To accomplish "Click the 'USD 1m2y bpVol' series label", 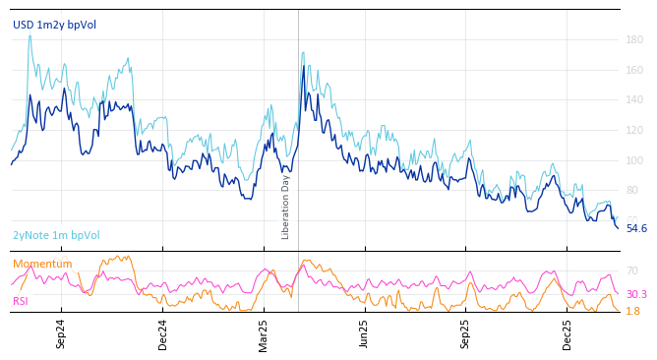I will (x=55, y=25).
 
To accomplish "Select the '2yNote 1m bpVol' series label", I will (x=56, y=235).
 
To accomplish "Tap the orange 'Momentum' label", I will (x=42, y=264).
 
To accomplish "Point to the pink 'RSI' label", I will (x=21, y=301).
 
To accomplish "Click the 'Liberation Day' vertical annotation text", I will (x=286, y=207).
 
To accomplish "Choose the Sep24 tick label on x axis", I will (x=61, y=333).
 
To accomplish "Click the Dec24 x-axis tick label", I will (x=163, y=333).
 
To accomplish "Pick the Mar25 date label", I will (x=264, y=333).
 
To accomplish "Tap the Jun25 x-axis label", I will (x=364, y=333).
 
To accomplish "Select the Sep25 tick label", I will (x=465, y=333).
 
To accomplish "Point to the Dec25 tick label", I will (x=567, y=333).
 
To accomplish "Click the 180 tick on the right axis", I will (x=634, y=40).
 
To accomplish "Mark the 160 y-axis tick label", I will (x=634, y=71).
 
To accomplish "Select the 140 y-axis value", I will (x=634, y=100).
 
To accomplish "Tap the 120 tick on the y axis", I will (x=634, y=131).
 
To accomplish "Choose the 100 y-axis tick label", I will (x=634, y=160).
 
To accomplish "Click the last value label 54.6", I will (x=636, y=228).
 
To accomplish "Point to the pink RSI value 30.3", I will (x=636, y=294).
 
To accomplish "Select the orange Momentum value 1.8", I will (x=632, y=311).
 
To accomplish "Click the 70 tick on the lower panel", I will (x=631, y=270).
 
